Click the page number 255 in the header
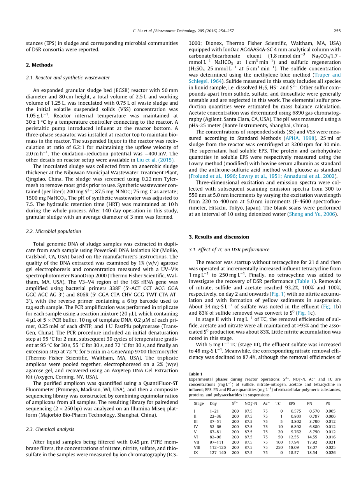[x=337, y=31]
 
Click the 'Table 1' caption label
[x=195, y=374]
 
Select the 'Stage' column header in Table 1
[x=199, y=403]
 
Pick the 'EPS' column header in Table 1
[x=292, y=403]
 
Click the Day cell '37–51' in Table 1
[x=215, y=421]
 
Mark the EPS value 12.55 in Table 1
[x=294, y=437]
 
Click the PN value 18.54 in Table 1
[x=312, y=453]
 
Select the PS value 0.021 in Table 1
[x=330, y=442]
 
